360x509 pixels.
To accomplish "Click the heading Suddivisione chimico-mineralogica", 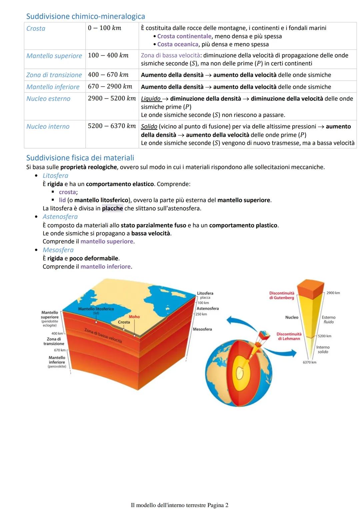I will (x=85, y=16).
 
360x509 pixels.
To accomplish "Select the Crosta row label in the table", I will (x=36, y=29).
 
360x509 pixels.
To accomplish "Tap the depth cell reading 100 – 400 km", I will (x=108, y=55).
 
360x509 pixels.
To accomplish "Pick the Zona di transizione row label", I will (x=54, y=75).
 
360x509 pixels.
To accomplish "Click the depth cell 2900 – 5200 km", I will (x=112, y=98).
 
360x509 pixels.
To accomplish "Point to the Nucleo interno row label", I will (x=48, y=126).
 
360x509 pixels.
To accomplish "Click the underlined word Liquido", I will (x=151, y=99).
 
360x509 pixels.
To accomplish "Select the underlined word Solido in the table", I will (x=149, y=126).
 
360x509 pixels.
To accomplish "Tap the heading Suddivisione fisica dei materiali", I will (x=80, y=158).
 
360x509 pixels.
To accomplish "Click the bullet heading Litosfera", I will (x=55, y=176).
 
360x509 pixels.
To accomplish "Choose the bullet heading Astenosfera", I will (x=60, y=217).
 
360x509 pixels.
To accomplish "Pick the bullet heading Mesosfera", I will (x=58, y=250).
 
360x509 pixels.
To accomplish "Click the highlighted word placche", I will (x=112, y=208).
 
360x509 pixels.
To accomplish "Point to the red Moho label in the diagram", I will (x=134, y=317).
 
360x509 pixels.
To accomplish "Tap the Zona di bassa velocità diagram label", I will (x=103, y=335).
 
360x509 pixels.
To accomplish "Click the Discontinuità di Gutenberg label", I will (x=282, y=295).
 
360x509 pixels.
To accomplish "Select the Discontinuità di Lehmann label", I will (x=289, y=336).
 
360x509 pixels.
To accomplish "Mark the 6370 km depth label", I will (x=309, y=362).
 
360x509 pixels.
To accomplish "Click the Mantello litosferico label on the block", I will (x=96, y=309).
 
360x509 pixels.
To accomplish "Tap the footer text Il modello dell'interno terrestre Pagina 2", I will (x=180, y=505).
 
